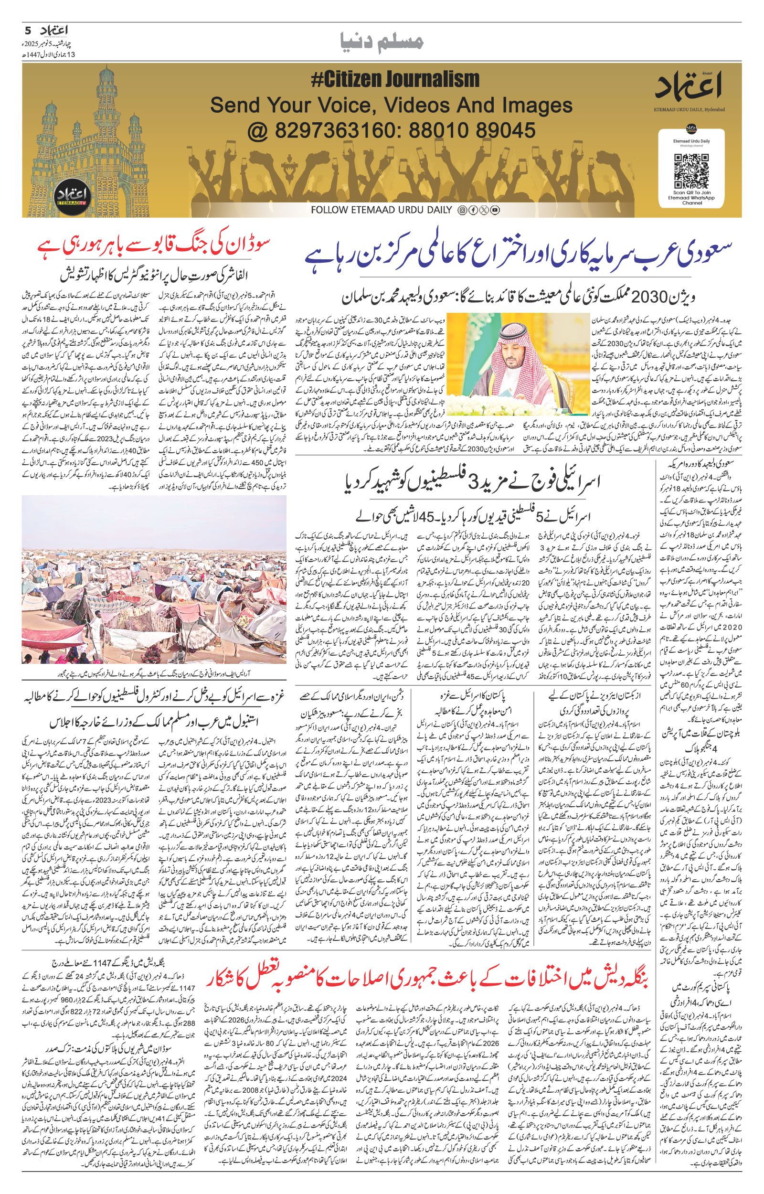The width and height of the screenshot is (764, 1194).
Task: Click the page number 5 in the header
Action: point(28,30)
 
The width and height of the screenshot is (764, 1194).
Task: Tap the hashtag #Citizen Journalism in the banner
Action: point(395,79)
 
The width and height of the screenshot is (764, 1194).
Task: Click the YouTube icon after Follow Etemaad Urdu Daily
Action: point(495,210)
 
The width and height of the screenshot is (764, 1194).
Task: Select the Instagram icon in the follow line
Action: point(462,210)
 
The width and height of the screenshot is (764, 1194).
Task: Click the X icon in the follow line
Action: point(484,210)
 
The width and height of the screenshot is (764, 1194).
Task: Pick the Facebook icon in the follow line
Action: point(473,210)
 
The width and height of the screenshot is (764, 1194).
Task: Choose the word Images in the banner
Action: point(531,105)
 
